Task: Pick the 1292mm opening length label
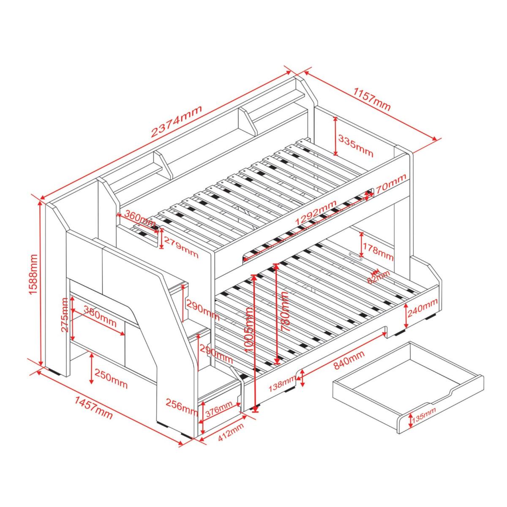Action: (316, 212)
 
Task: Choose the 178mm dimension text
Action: (378, 251)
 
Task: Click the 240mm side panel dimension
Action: (422, 308)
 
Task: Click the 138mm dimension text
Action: (282, 385)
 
